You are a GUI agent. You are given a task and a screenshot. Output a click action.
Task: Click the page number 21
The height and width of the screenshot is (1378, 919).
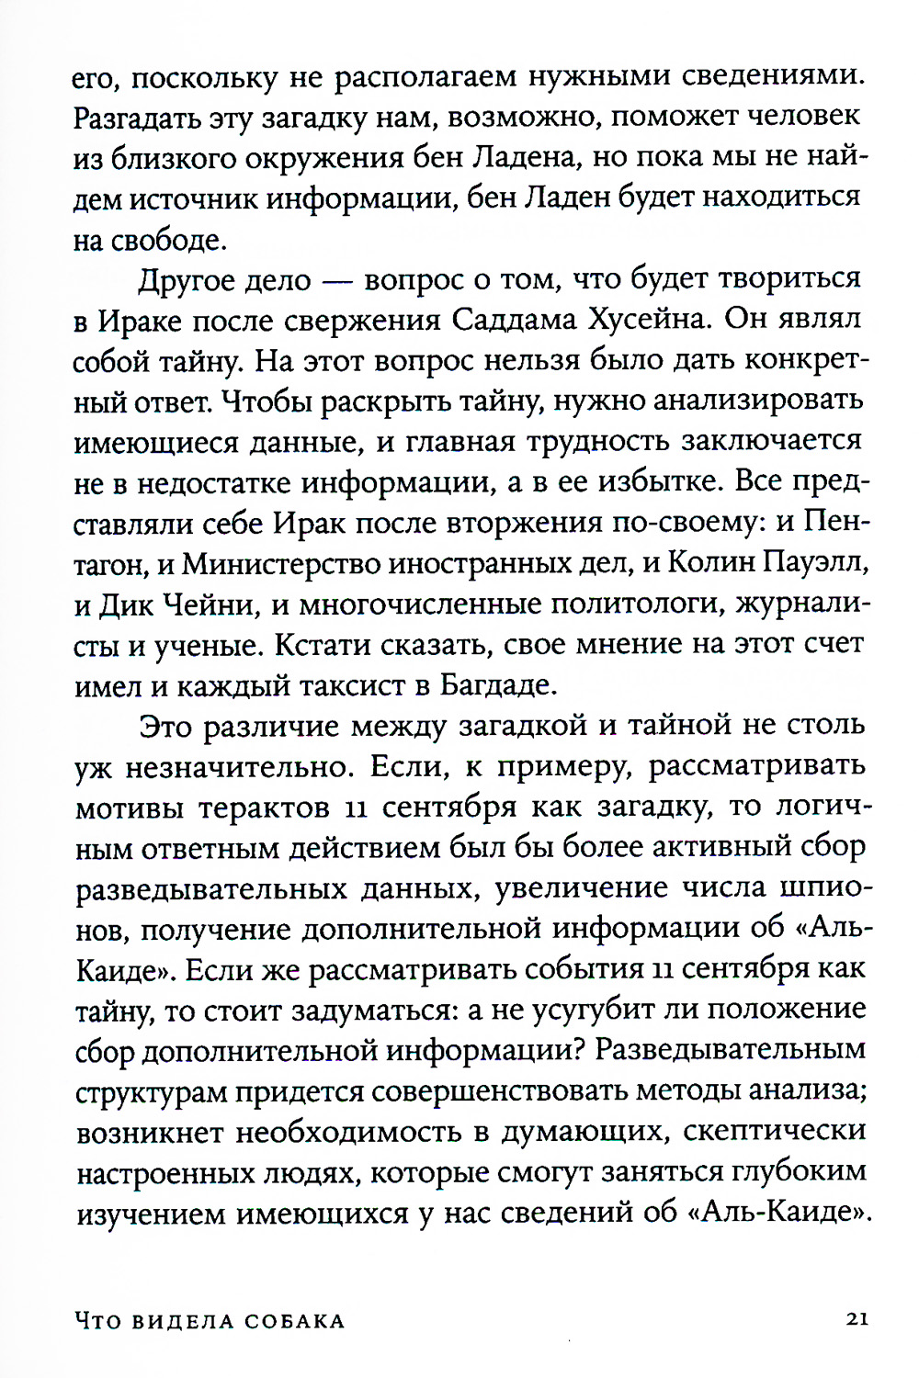point(857,1319)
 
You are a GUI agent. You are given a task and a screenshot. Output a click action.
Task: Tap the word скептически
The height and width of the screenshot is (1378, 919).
point(774,1131)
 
